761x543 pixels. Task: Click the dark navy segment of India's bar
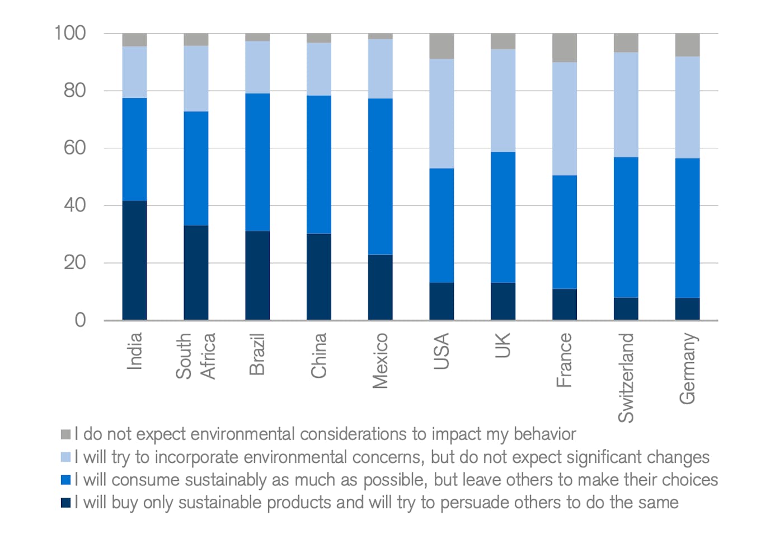coord(134,260)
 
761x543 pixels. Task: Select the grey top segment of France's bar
coord(564,48)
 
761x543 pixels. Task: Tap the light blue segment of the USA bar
coord(441,114)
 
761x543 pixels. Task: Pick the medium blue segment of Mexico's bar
coord(380,176)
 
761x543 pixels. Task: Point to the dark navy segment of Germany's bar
coord(687,308)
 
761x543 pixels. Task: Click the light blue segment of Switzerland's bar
coord(626,105)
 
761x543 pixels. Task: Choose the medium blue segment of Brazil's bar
coord(257,162)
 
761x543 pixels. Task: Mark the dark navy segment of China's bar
coord(319,277)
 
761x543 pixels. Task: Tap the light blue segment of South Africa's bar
coord(196,78)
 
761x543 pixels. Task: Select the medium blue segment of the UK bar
coord(503,217)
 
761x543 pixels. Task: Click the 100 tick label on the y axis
coord(70,33)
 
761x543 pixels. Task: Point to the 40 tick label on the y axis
coord(74,205)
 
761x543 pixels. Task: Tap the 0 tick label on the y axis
coord(80,320)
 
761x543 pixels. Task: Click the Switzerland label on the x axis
coord(626,377)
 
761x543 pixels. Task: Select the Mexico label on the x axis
coord(380,361)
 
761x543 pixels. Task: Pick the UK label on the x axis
coord(503,345)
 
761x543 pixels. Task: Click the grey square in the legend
coord(66,434)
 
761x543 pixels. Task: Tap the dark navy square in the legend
coord(66,503)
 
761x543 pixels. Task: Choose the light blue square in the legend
coord(66,457)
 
